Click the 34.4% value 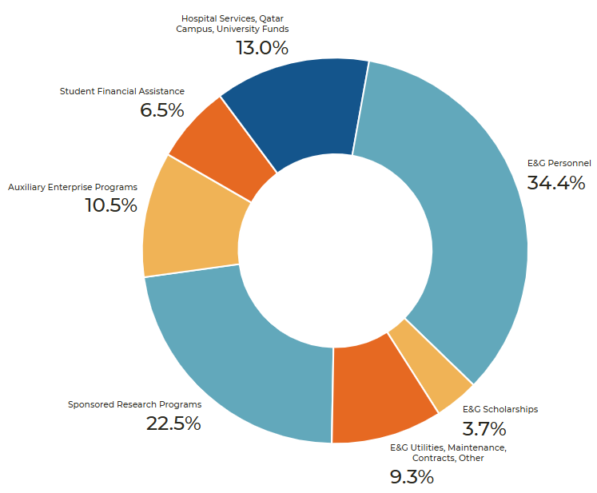[x=556, y=183]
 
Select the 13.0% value [x=261, y=48]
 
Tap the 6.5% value [x=161, y=110]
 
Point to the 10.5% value [x=111, y=206]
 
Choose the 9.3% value [x=412, y=478]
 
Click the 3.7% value [x=484, y=428]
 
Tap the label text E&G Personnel [x=559, y=163]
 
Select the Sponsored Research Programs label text [x=134, y=404]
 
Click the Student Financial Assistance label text [x=121, y=91]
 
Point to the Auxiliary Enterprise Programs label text [x=73, y=187]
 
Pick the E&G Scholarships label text [x=500, y=409]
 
